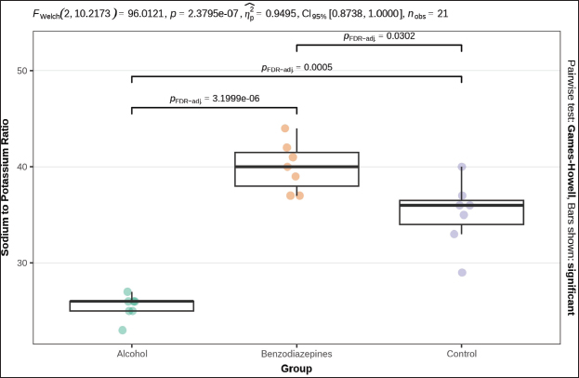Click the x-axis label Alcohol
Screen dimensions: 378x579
(x=132, y=354)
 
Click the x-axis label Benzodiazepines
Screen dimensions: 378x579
(x=296, y=354)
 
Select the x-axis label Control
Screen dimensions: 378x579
(x=462, y=354)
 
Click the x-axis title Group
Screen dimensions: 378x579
(x=296, y=369)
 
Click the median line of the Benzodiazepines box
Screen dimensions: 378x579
(x=296, y=167)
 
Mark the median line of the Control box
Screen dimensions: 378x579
(x=462, y=205)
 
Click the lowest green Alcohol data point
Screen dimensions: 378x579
(x=123, y=330)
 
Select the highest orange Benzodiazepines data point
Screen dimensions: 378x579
(x=285, y=128)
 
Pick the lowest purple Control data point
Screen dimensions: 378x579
(x=462, y=273)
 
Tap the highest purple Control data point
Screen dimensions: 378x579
(x=462, y=167)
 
